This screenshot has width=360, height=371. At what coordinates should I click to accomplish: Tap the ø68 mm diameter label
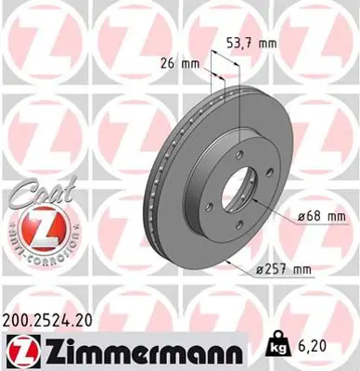pyautogui.click(x=324, y=216)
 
